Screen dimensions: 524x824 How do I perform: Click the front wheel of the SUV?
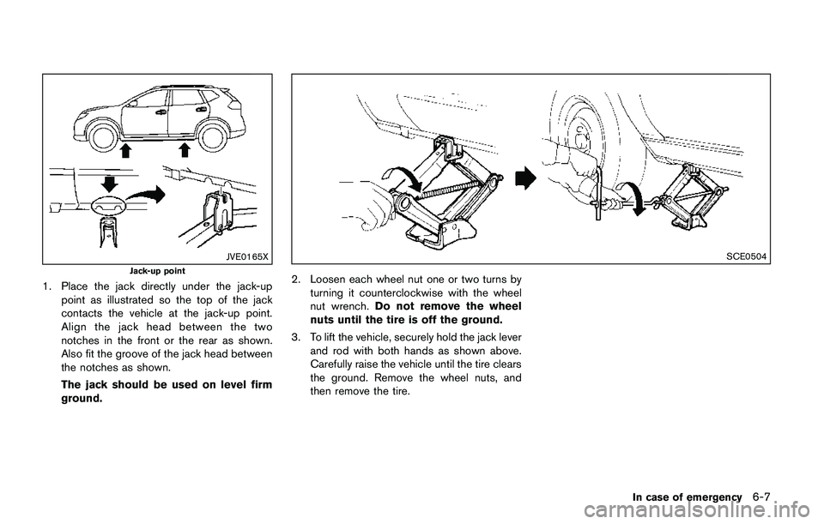click(x=104, y=136)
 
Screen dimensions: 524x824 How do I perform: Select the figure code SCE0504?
click(x=749, y=256)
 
